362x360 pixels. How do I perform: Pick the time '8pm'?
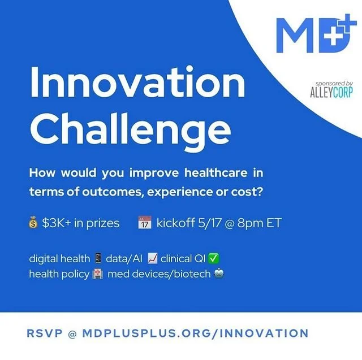tap(249, 223)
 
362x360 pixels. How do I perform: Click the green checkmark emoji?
tap(213, 259)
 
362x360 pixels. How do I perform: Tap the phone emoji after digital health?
tap(98, 259)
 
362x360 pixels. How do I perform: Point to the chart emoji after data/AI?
tap(152, 259)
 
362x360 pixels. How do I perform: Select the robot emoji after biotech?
tap(219, 274)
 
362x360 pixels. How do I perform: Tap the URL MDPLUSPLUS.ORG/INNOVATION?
tap(195, 333)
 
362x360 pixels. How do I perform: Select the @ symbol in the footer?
tap(71, 333)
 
